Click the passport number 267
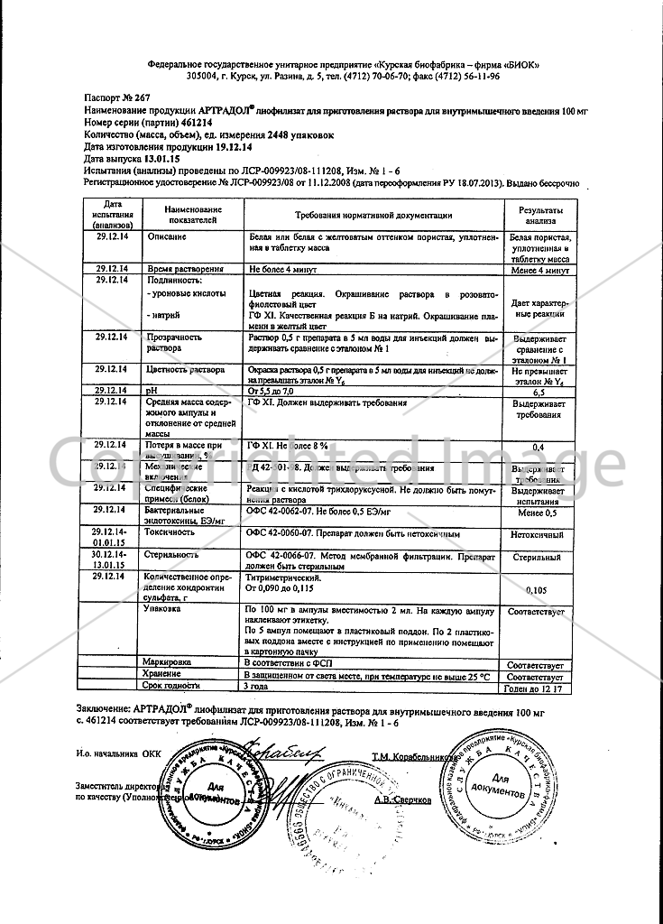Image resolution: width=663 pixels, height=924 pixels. [x=125, y=93]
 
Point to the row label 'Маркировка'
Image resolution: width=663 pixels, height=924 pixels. [x=171, y=663]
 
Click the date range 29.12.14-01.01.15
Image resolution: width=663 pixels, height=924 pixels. [x=113, y=538]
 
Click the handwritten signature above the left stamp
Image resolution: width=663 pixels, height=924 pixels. [x=287, y=749]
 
